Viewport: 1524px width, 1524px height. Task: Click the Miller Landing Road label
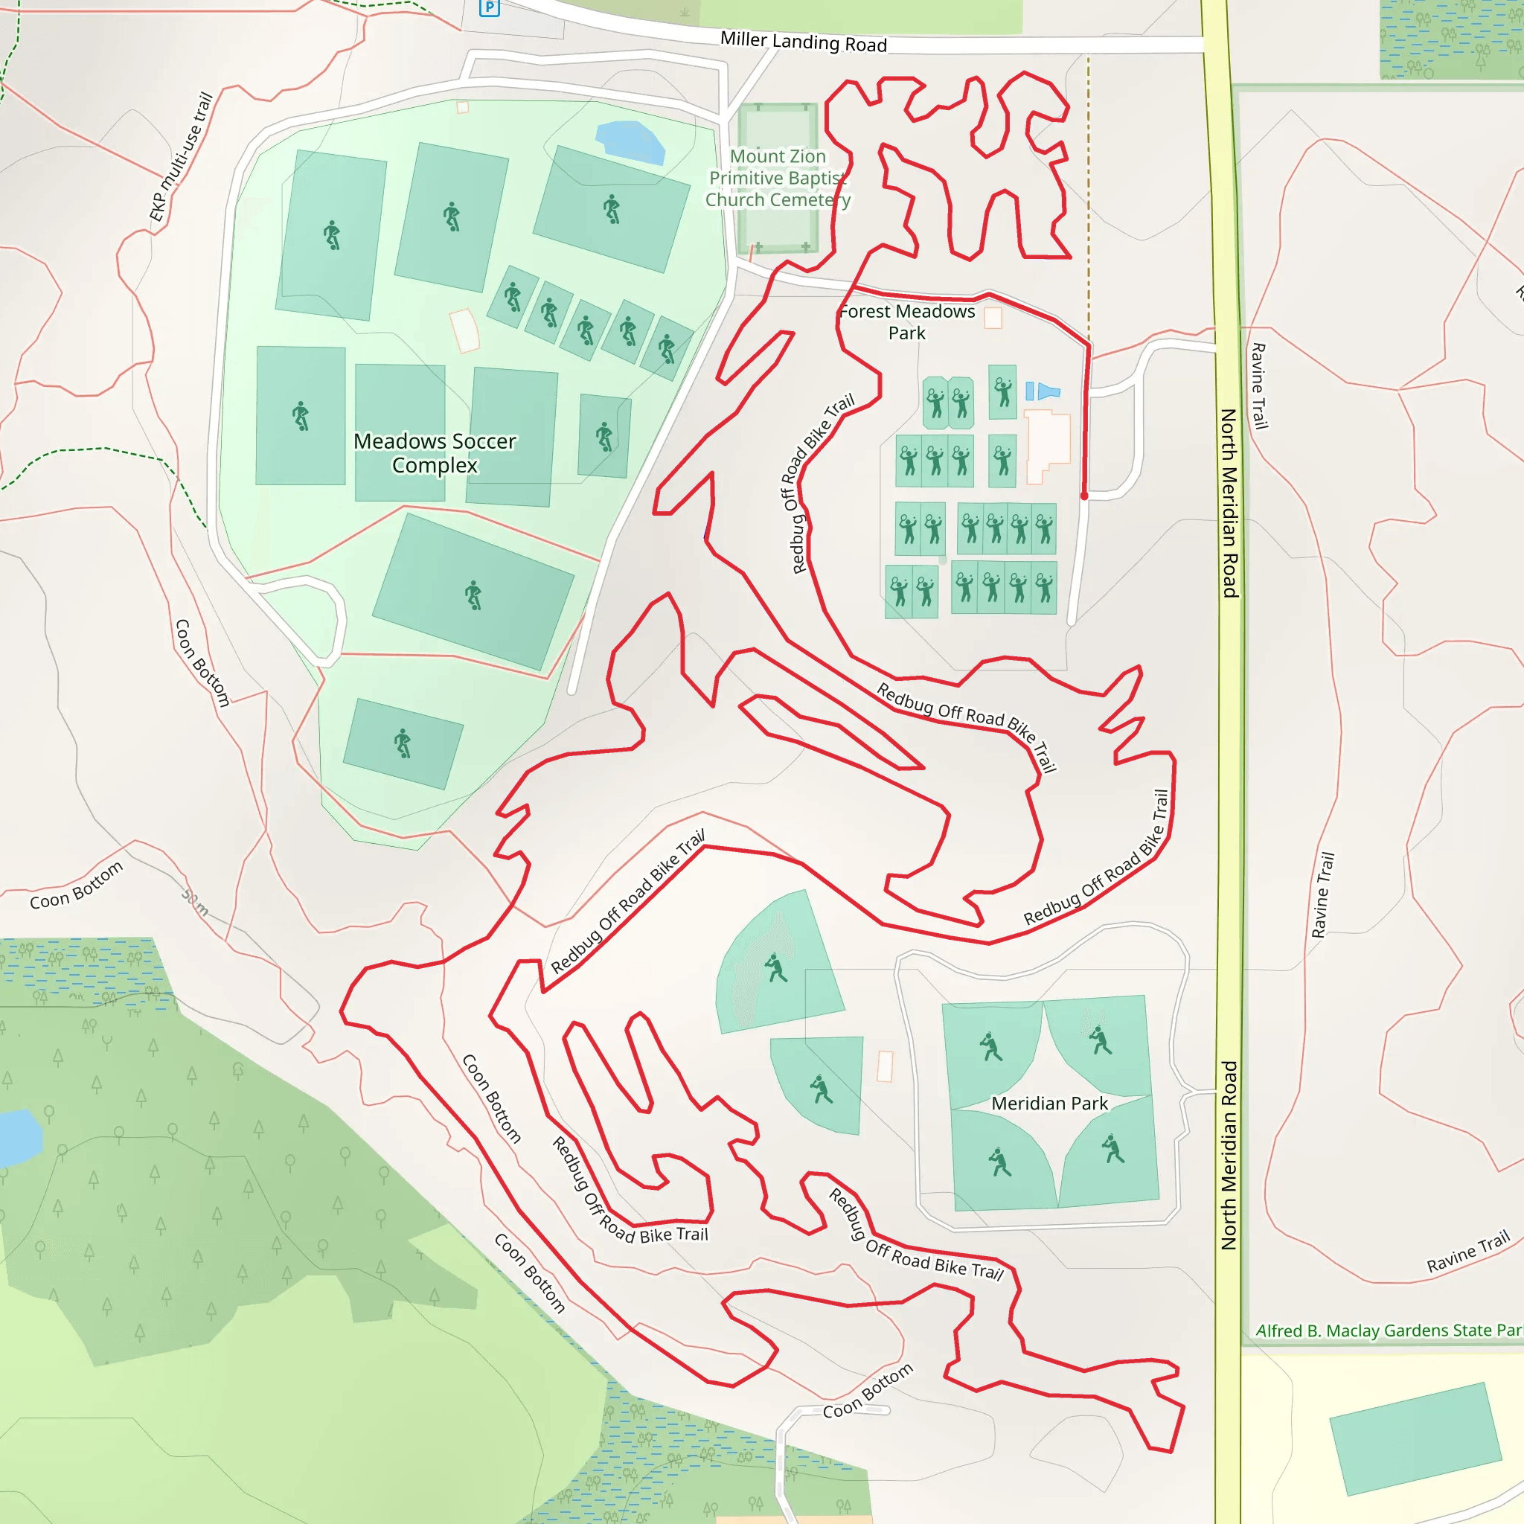803,42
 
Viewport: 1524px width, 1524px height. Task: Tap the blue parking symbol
490,8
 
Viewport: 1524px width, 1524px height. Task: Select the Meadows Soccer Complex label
435,452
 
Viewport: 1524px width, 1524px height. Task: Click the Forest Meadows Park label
907,321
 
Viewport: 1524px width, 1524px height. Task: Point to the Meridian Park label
1049,1104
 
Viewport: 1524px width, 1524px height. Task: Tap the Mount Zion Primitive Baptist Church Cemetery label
778,179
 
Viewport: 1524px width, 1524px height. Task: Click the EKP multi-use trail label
182,157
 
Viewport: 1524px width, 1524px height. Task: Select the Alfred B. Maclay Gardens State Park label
1389,1331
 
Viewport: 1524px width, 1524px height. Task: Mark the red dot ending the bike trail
1085,496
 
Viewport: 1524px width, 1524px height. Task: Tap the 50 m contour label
195,903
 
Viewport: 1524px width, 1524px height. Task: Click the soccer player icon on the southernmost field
403,743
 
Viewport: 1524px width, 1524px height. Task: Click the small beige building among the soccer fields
464,330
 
